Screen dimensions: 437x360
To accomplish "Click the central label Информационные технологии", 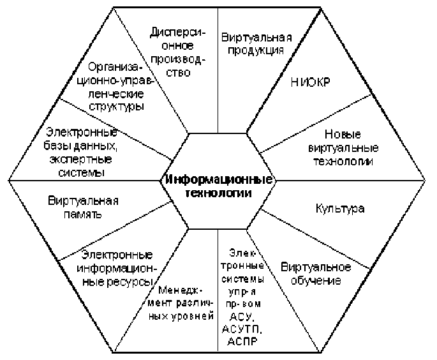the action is click(x=219, y=186).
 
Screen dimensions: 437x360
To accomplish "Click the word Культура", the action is click(x=340, y=209).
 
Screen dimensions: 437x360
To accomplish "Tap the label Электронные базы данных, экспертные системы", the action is click(x=82, y=152).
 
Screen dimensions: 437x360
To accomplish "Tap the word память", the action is click(x=83, y=215).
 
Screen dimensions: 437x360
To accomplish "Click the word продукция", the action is click(x=256, y=51).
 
